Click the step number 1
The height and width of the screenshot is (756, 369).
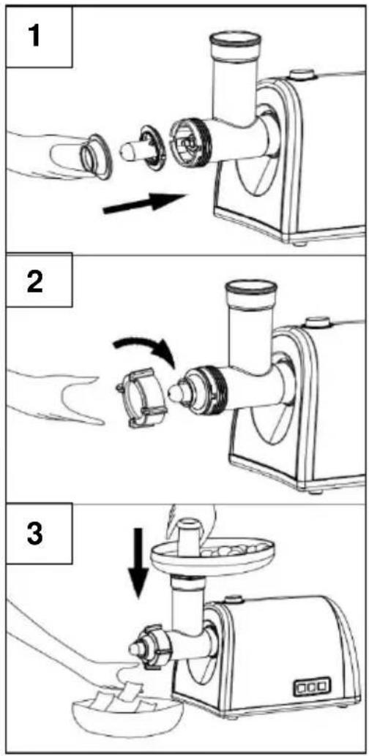pos(34,37)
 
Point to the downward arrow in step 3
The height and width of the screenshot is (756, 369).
pos(139,562)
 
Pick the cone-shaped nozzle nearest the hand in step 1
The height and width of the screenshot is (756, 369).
pos(96,156)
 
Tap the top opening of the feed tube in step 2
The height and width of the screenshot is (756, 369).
pos(252,288)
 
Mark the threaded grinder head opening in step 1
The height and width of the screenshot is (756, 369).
pos(189,140)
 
